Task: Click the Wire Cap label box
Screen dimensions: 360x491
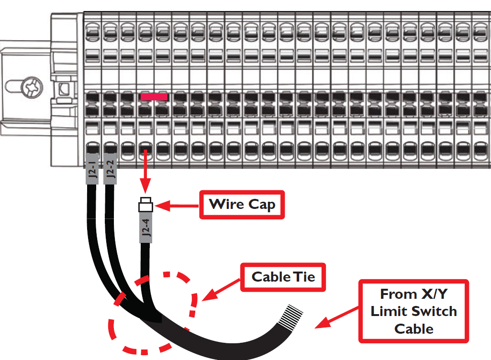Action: click(x=242, y=205)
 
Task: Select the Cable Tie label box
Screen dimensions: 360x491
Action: click(x=283, y=277)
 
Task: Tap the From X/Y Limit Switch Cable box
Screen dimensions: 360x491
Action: click(x=413, y=311)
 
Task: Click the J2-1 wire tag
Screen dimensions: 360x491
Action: click(x=92, y=169)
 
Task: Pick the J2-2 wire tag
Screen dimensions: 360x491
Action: click(x=110, y=169)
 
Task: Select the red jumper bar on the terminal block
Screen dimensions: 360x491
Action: click(x=154, y=97)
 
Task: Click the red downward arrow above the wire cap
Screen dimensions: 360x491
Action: click(x=145, y=172)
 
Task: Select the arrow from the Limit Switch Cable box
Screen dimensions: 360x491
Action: click(x=337, y=321)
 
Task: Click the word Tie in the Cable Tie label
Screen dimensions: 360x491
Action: click(x=304, y=277)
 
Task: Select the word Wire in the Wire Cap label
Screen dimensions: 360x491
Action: click(x=226, y=205)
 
